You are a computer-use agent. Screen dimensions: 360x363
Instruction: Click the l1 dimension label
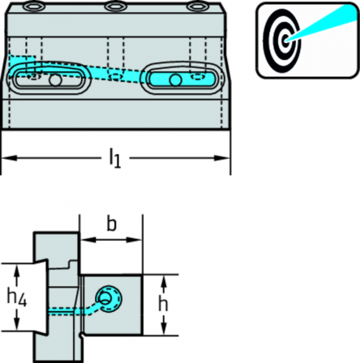coord(115,159)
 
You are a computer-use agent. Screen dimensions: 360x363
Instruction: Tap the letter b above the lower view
coord(111,224)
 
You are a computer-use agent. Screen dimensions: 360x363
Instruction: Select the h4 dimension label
coord(17,297)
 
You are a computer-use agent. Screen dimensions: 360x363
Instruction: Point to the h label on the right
coord(163,304)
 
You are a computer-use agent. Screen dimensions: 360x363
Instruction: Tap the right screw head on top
coord(197,6)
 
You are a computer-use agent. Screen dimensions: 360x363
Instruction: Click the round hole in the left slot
coord(55,80)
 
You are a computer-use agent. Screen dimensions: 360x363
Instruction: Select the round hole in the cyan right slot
coord(175,79)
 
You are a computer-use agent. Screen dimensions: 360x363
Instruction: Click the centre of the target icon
coord(285,41)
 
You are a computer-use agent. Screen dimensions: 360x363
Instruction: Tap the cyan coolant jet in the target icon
coord(324,24)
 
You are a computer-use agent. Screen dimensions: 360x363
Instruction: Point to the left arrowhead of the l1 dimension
coord(9,158)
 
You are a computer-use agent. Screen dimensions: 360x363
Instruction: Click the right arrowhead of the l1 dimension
coord(222,158)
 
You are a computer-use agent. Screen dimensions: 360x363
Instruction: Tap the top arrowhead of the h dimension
coord(164,282)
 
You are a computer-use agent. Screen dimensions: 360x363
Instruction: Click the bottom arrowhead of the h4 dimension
coord(17,322)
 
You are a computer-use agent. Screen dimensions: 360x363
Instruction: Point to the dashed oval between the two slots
coord(115,77)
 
